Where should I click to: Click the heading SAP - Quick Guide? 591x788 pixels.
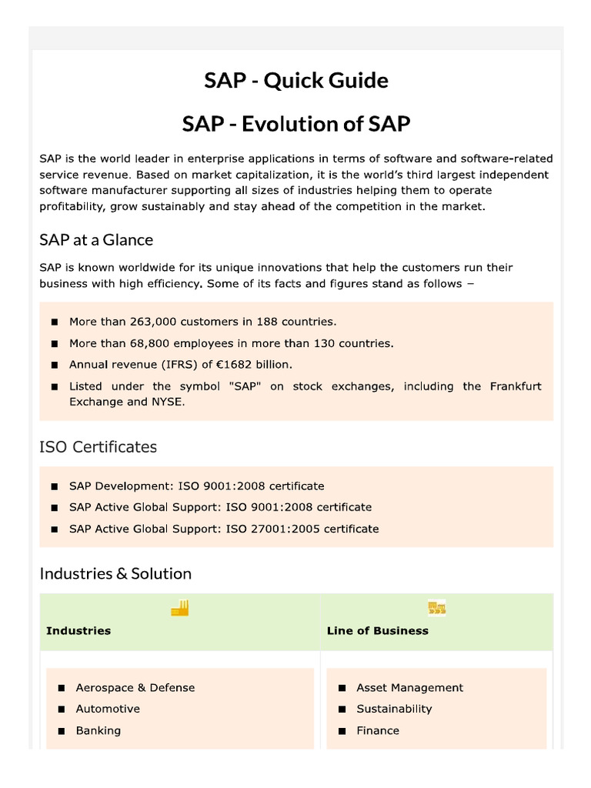[295, 81]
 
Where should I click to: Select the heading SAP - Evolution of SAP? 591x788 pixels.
[295, 124]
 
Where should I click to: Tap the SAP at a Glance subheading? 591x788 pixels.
[96, 240]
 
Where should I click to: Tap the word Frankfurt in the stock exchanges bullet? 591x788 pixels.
[515, 386]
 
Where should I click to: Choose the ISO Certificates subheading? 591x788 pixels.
[98, 447]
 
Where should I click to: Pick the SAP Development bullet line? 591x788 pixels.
[196, 486]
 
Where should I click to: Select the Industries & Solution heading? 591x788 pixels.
[115, 573]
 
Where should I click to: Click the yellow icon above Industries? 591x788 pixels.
[179, 609]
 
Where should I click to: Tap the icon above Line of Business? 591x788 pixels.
[436, 609]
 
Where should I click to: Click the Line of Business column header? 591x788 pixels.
[377, 631]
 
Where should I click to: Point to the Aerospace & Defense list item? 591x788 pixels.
[135, 688]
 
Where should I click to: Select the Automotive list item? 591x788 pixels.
[108, 709]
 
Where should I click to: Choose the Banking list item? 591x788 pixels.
[98, 730]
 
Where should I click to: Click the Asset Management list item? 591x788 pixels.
[409, 688]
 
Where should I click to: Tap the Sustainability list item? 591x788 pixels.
[394, 709]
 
